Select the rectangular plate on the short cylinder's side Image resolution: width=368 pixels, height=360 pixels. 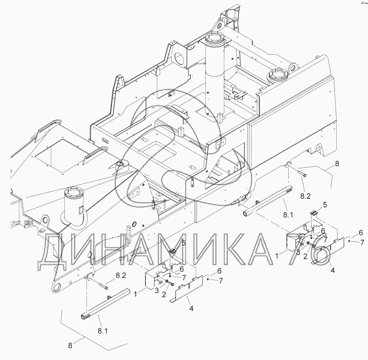pyautogui.click(x=81, y=210)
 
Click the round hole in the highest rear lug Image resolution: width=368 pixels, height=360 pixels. pyautogui.click(x=220, y=25)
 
